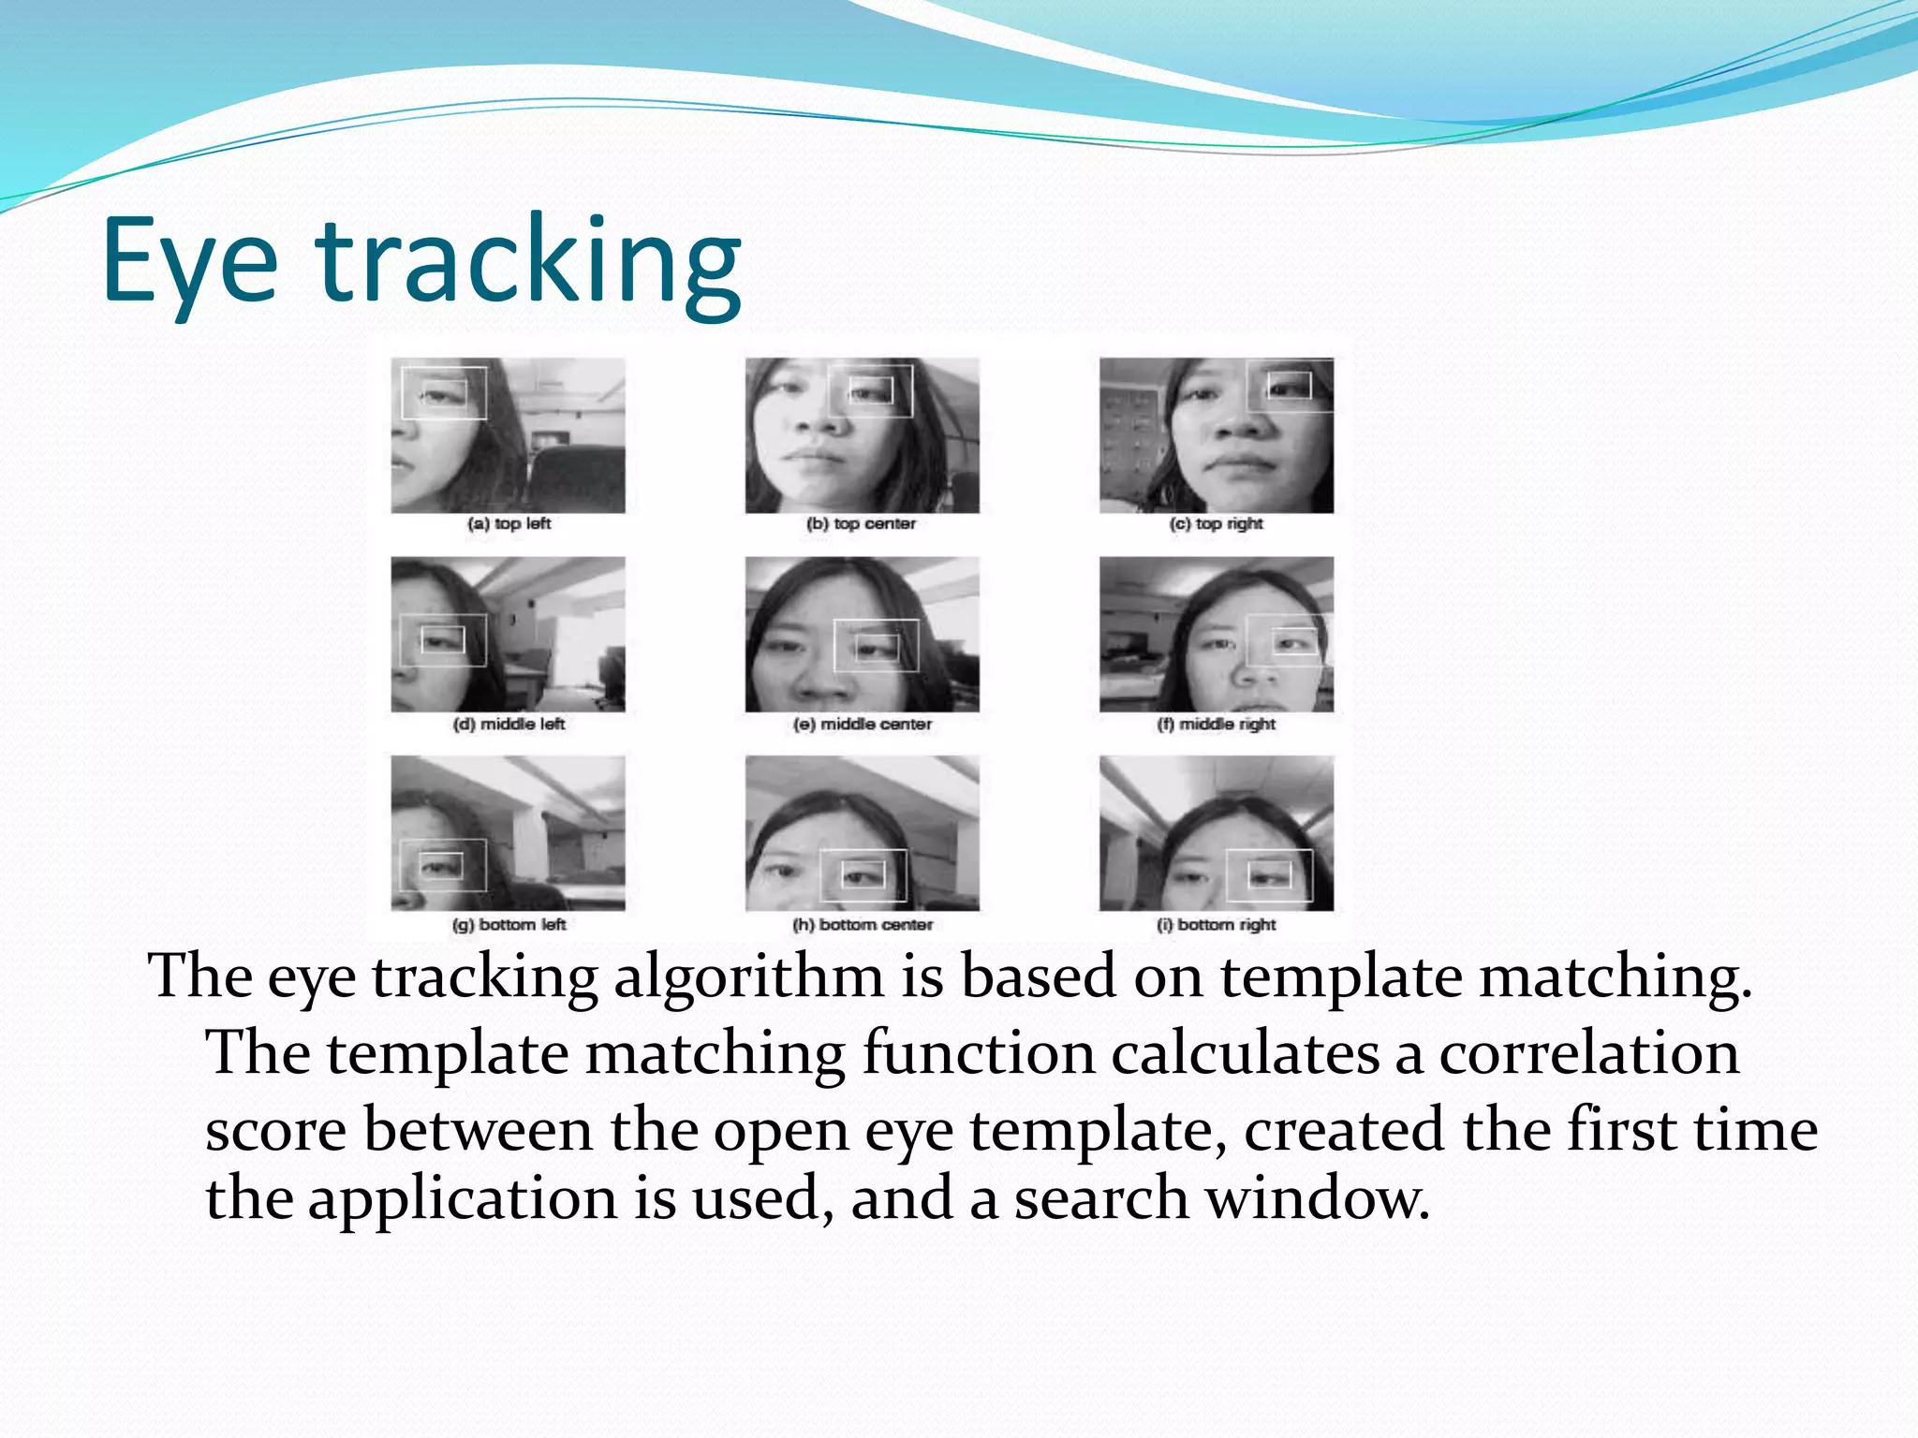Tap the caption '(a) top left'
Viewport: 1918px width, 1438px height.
point(509,524)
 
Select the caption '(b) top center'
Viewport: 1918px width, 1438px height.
point(861,524)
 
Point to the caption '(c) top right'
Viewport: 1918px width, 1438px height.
point(1216,524)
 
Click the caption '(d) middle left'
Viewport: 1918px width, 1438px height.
point(509,725)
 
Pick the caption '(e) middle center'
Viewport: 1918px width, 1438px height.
point(862,725)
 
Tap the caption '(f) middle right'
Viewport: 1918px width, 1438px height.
point(1216,725)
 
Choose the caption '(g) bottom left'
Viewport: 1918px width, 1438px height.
point(509,925)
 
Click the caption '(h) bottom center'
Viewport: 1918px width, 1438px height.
point(862,925)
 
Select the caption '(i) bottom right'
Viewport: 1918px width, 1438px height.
point(1216,925)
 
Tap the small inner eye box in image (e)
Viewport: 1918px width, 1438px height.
point(877,647)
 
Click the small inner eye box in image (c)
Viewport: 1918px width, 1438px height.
point(1289,385)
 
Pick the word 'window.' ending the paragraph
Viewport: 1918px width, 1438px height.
point(1317,1199)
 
